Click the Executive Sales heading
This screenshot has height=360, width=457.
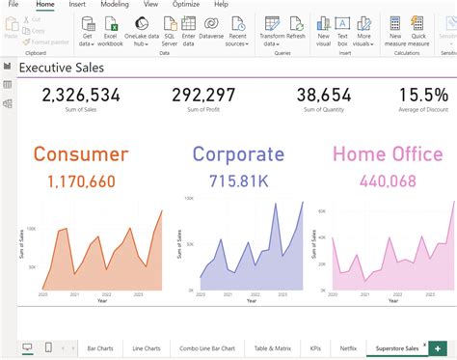(x=62, y=69)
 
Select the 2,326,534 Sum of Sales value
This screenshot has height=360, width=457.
(x=81, y=95)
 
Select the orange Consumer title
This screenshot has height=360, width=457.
(x=80, y=153)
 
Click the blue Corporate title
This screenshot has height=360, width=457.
(x=238, y=153)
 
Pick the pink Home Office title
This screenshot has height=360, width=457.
(x=388, y=153)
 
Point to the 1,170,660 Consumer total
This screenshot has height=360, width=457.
(x=81, y=180)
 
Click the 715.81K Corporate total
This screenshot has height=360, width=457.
(x=238, y=180)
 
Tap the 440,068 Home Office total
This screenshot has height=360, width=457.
(x=388, y=180)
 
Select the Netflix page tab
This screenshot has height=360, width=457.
(x=348, y=347)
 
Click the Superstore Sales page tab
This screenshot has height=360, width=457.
(x=397, y=347)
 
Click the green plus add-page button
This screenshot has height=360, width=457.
(x=439, y=347)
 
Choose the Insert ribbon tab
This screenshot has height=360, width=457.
(x=77, y=5)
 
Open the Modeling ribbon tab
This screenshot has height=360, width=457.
(x=114, y=5)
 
